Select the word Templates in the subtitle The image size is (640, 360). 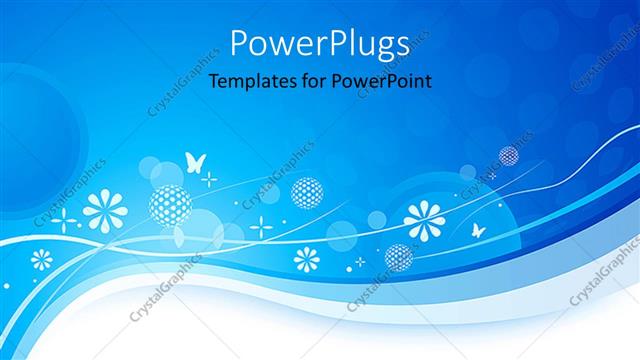[x=249, y=83]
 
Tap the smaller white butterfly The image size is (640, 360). [x=479, y=230]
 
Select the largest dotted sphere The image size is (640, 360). [x=169, y=204]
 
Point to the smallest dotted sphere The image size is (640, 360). [x=508, y=155]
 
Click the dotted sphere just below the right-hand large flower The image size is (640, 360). [x=398, y=257]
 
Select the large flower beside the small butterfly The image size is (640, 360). [x=425, y=220]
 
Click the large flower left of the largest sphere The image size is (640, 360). [x=102, y=210]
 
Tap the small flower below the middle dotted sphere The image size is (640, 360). [x=306, y=259]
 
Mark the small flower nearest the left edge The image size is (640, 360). [x=41, y=260]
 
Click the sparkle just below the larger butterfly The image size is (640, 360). [x=208, y=179]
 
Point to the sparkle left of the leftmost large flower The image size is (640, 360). [x=63, y=219]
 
